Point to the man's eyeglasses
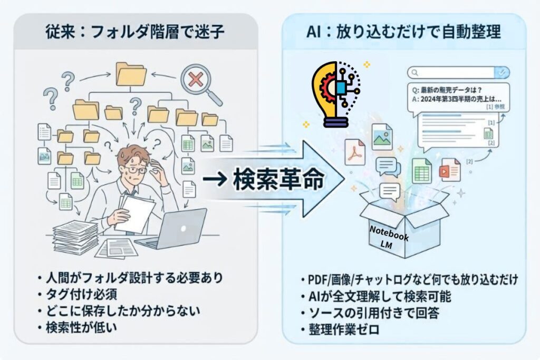click(136, 170)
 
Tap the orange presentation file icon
click(450, 170)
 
